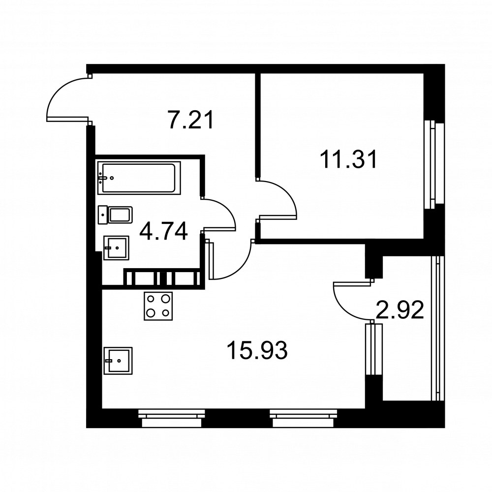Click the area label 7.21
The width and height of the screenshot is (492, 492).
(x=191, y=120)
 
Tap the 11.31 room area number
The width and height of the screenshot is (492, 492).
(x=348, y=159)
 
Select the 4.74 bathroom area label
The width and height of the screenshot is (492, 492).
(x=163, y=231)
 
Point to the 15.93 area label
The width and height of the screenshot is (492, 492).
(x=257, y=350)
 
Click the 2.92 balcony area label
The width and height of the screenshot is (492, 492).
(x=400, y=309)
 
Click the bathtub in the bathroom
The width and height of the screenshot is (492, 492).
(x=139, y=178)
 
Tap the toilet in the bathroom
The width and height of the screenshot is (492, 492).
(x=115, y=215)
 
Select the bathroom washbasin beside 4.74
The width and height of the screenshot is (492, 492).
(x=117, y=248)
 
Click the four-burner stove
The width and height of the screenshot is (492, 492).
(x=158, y=306)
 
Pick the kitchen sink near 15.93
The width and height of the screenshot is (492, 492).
(x=118, y=361)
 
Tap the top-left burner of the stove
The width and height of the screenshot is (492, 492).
(x=151, y=299)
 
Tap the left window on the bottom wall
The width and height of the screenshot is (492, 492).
(x=171, y=418)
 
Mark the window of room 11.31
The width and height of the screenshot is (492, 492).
(x=434, y=164)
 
